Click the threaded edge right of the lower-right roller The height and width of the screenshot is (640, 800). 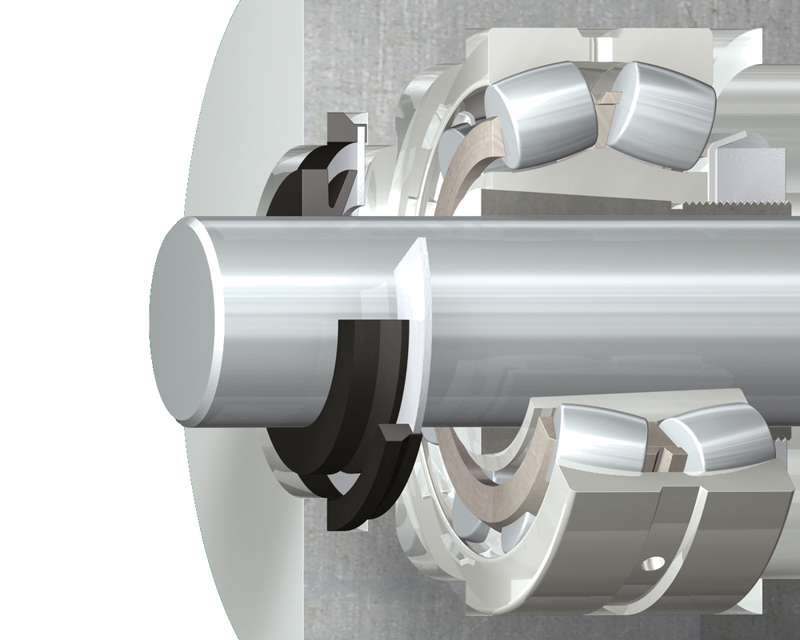point(780,440)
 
